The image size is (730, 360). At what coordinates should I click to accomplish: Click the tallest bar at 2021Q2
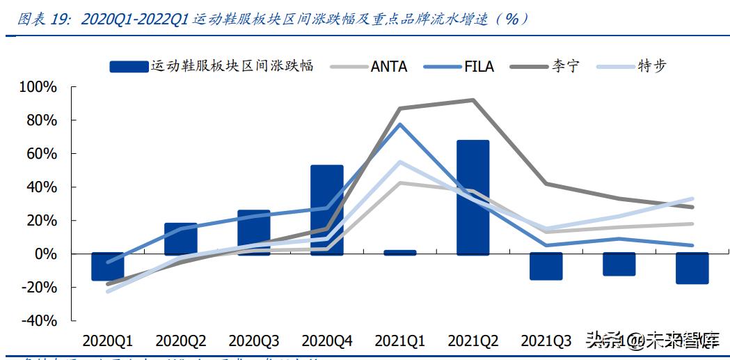pos(473,197)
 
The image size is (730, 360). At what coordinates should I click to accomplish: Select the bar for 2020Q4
pos(326,210)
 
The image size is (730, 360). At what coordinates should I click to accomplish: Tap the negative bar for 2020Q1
pos(107,267)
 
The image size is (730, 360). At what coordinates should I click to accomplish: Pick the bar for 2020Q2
pos(180,239)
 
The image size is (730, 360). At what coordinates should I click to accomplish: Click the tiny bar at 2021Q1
pos(399,252)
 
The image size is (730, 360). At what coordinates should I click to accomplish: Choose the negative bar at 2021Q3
pos(546,267)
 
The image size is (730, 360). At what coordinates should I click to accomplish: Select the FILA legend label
pos(479,67)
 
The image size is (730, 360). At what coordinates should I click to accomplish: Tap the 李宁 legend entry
pos(564,67)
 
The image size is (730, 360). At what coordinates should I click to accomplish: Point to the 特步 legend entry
pos(651,67)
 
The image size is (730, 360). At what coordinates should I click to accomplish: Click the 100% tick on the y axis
pos(38,87)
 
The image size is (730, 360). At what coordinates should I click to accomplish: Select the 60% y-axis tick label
pos(41,154)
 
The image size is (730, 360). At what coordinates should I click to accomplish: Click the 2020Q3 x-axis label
pos(253,341)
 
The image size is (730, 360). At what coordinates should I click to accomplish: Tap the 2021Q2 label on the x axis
pos(473,341)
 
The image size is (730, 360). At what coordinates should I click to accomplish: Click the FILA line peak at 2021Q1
pos(399,124)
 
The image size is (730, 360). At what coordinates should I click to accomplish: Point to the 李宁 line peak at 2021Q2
pos(473,100)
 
